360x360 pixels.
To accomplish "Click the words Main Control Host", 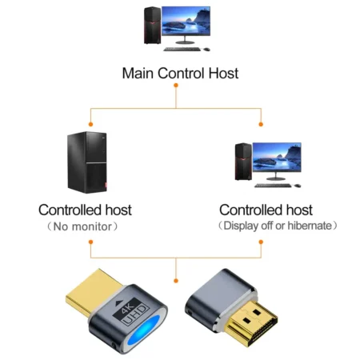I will pyautogui.click(x=179, y=74).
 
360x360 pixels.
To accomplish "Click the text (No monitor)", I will pyautogui.click(x=85, y=226).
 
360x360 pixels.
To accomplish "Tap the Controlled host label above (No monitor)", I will pyautogui.click(x=85, y=210).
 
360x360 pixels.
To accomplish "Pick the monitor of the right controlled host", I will pyautogui.click(x=277, y=160).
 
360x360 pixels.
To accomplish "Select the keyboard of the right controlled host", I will pyautogui.click(x=273, y=186).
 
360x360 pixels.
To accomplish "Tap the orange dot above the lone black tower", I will pyautogui.click(x=90, y=125).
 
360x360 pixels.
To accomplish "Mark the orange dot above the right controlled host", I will pyautogui.click(x=262, y=125).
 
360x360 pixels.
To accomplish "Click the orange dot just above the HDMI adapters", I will pyautogui.click(x=176, y=280).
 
